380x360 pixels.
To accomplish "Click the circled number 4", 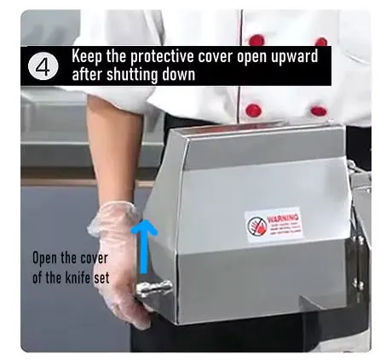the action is pos(43,67).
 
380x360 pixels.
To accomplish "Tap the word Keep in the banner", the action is pos(86,56).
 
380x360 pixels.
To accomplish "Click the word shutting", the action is pos(132,75).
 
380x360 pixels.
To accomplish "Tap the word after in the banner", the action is pos(87,74).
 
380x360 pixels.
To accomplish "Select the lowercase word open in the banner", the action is pos(251,57).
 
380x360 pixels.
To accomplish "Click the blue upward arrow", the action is pos(144,246).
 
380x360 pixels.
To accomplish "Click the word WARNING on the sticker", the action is pos(283,219).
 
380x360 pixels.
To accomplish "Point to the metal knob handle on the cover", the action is pos(153,289).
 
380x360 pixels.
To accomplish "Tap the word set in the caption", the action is pos(101,277).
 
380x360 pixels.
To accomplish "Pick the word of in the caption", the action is pos(37,277).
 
